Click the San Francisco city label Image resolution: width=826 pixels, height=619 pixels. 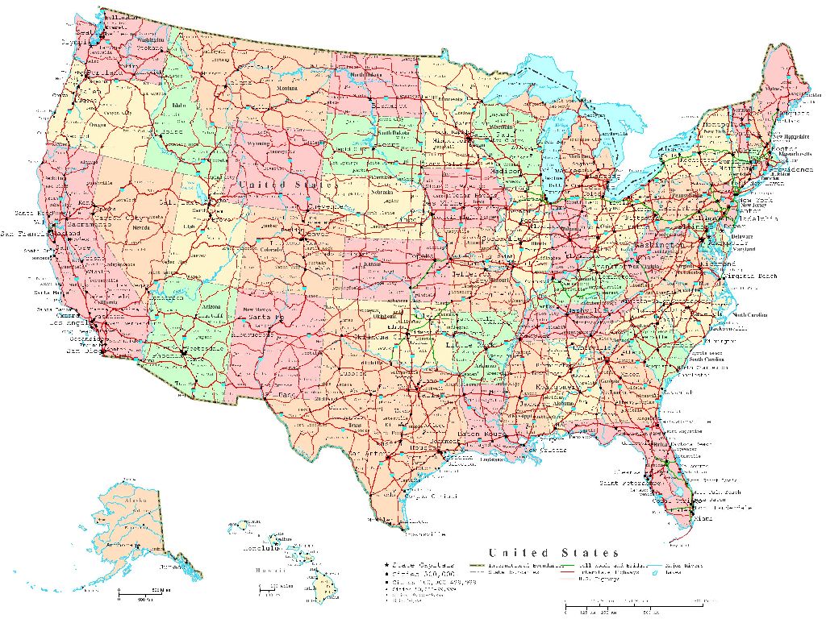pyautogui.click(x=28, y=234)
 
